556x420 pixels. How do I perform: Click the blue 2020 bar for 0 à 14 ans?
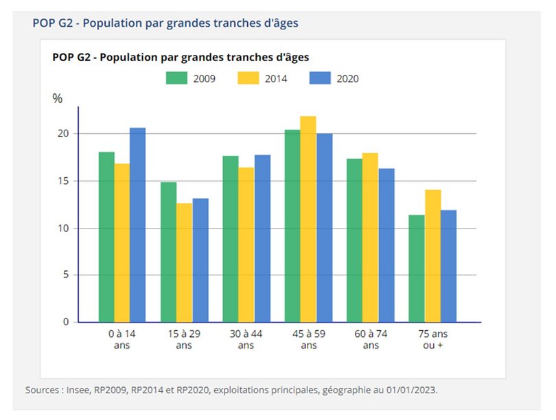(138, 225)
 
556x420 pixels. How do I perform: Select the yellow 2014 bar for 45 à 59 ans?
(308, 219)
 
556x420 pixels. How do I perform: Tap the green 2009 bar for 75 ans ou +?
(417, 268)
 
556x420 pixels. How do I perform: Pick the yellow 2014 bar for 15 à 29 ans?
(184, 262)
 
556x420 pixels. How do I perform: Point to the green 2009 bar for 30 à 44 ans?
(231, 239)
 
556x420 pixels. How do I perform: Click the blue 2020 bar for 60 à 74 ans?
(386, 245)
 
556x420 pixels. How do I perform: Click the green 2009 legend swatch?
(176, 78)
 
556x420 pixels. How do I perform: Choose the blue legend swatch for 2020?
(321, 78)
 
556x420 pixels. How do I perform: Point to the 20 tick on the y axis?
(63, 133)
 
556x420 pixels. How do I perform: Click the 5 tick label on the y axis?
(66, 275)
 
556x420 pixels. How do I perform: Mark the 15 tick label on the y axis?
(63, 181)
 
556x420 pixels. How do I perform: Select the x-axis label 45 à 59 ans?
(309, 339)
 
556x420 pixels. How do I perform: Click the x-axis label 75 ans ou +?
(432, 339)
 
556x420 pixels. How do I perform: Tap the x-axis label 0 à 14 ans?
(122, 339)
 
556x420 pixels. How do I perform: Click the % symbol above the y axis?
(58, 99)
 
